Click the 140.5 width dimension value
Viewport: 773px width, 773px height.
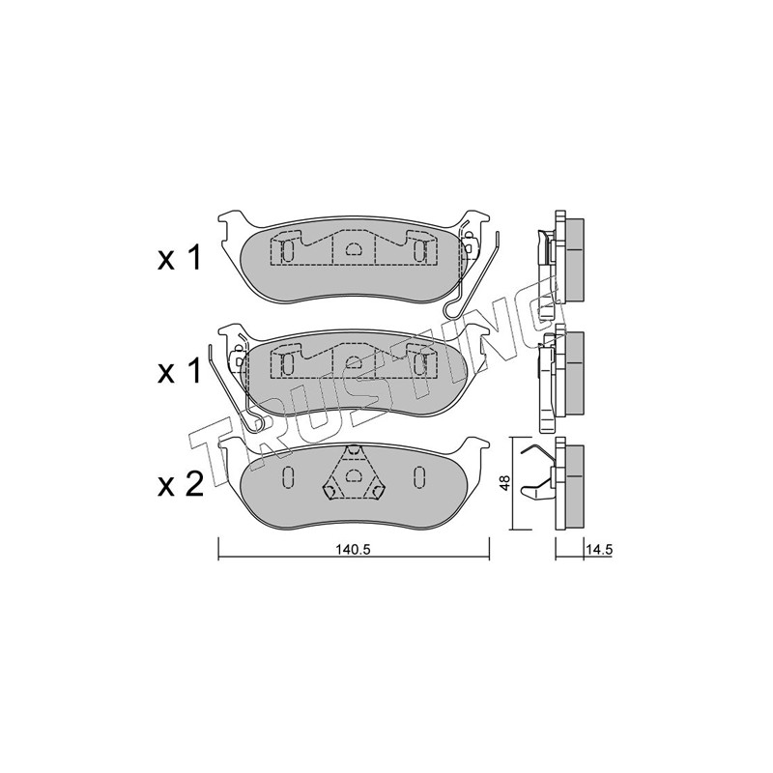353,550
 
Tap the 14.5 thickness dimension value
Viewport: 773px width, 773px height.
599,550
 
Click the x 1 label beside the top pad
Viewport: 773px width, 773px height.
179,258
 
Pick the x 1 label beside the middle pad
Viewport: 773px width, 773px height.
179,371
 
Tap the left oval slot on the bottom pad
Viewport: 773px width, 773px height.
288,476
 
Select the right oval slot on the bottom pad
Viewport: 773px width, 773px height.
419,476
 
